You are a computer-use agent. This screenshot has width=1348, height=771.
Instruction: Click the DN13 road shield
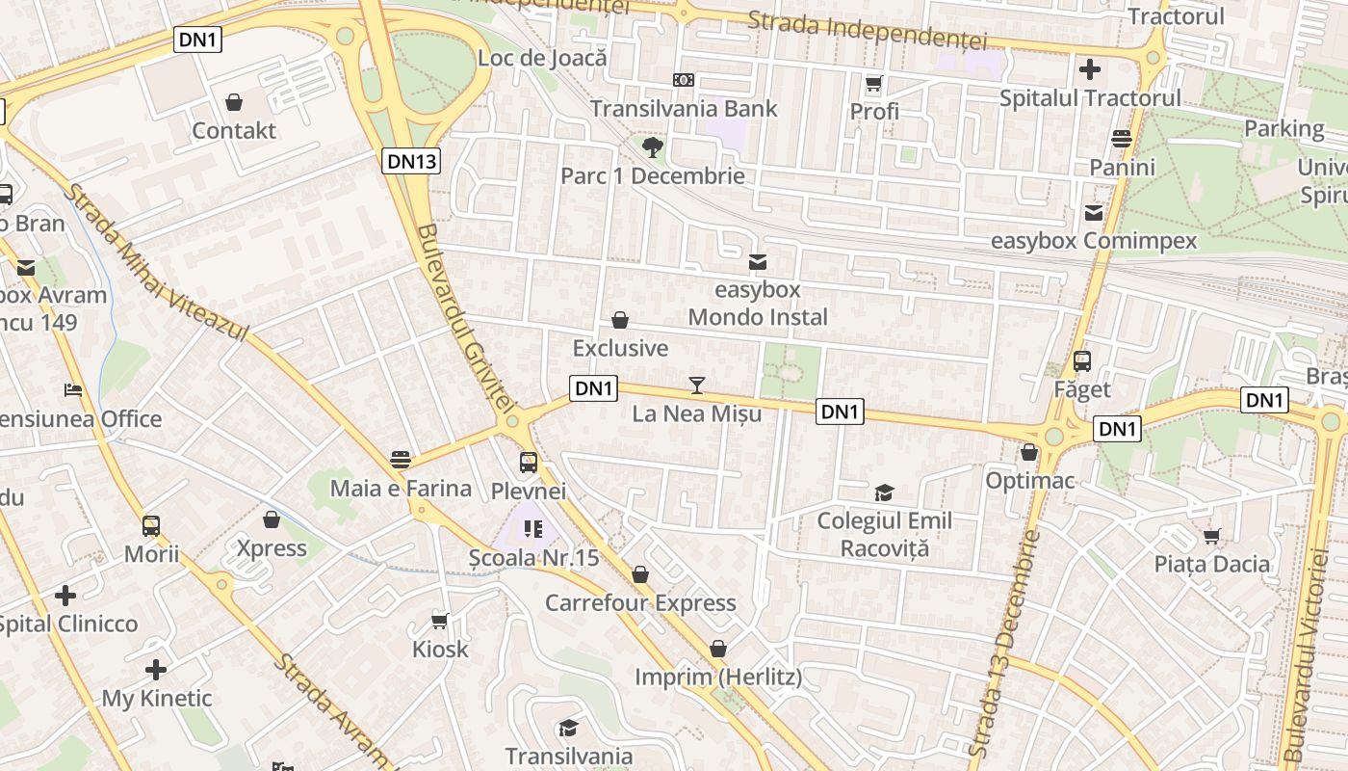(412, 161)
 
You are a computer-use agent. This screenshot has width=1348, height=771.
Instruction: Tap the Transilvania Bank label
(684, 109)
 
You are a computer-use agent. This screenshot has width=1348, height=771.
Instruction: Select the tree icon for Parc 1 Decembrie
(653, 147)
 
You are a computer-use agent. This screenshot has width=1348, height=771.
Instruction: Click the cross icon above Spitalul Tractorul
(1090, 69)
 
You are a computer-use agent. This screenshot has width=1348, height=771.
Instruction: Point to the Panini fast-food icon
(1121, 139)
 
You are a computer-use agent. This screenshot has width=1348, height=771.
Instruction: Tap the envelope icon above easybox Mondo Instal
(758, 261)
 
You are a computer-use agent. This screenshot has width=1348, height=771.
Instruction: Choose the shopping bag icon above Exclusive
(620, 320)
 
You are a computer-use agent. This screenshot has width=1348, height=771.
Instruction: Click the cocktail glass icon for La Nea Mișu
(697, 385)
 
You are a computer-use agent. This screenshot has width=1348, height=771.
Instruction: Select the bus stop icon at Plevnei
(529, 463)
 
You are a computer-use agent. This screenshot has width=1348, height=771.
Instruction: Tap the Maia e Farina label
(401, 489)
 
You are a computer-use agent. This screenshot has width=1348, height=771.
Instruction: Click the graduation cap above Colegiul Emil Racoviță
(884, 493)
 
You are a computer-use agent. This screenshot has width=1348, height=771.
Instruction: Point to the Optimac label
(1029, 480)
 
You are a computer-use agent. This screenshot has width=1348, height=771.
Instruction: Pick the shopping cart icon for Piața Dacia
(1212, 536)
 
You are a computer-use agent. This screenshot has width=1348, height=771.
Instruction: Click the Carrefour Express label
(640, 603)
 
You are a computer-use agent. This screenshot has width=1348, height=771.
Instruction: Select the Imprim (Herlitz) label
(717, 678)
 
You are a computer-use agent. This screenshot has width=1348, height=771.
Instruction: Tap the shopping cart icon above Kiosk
(440, 621)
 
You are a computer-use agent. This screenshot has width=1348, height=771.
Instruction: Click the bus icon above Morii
(151, 526)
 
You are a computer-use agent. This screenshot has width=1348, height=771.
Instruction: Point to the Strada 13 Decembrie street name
(1004, 641)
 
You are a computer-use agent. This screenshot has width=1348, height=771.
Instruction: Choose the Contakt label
(234, 131)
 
